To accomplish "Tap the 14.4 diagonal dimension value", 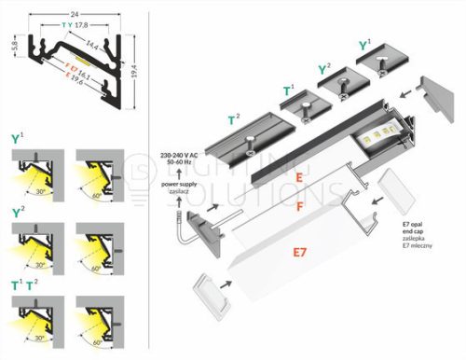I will [91, 44].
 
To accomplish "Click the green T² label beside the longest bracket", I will [236, 119].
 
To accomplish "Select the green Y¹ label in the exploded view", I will [365, 45].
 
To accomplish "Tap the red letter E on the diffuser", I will [298, 175].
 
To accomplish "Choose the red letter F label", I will [298, 206].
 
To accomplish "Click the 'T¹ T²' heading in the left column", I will [24, 284].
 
